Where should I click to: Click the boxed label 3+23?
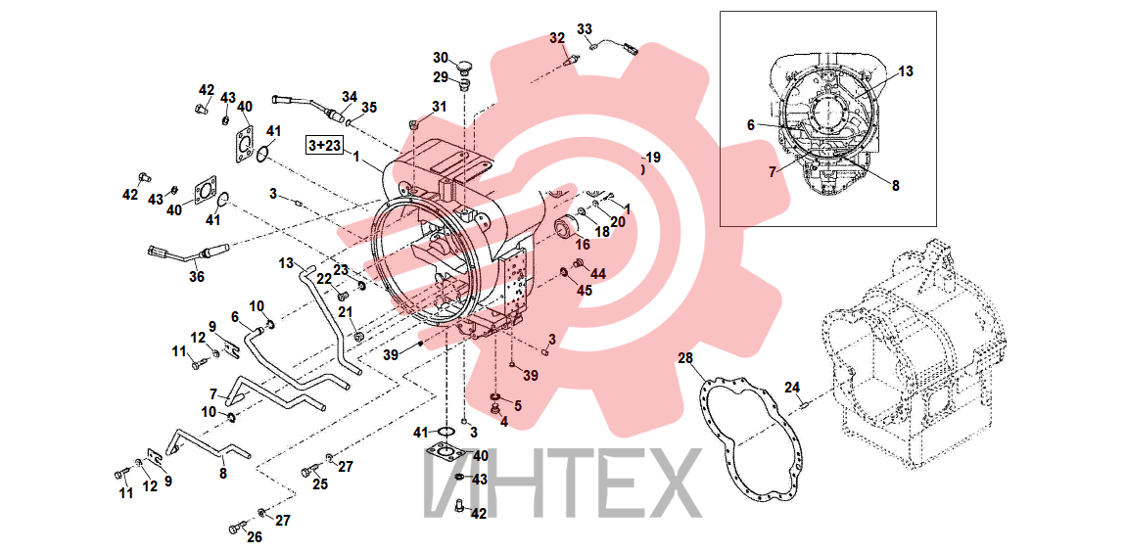325,145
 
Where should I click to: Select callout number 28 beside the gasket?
685,357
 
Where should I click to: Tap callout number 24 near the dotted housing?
792,388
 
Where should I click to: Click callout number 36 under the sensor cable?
197,276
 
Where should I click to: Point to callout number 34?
349,96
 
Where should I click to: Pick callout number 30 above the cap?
441,58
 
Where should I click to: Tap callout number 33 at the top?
585,29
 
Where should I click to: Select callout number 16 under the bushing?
582,244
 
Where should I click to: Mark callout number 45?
585,291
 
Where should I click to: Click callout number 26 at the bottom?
255,537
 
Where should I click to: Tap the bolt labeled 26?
236,529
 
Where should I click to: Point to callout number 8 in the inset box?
896,185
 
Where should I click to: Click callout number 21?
346,311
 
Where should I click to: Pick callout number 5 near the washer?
517,406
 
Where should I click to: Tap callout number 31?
438,107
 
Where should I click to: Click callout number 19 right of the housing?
652,158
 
